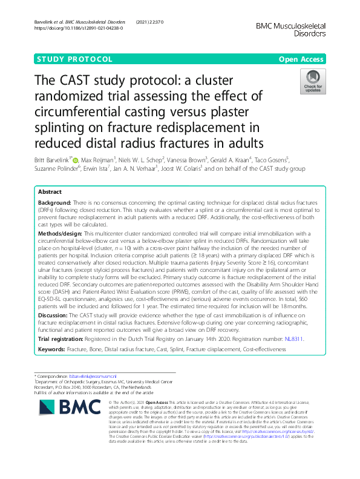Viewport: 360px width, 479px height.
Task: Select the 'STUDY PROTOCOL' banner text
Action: click(x=74, y=59)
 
